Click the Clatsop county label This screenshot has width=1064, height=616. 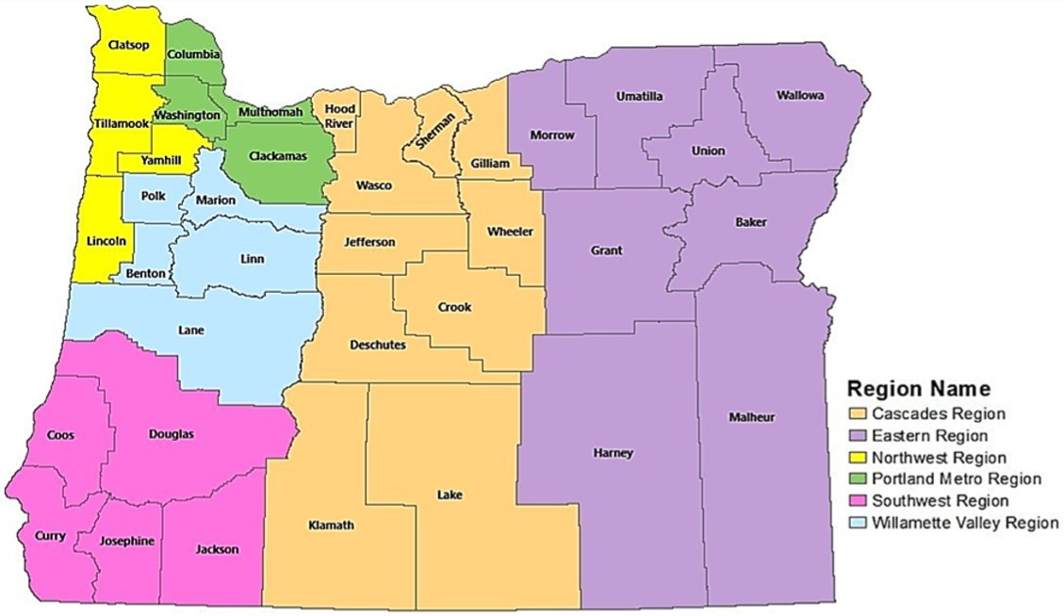click(x=128, y=44)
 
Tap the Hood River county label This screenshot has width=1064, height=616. click(x=340, y=116)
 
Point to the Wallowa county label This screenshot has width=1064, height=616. click(x=801, y=96)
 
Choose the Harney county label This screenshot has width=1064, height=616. click(x=613, y=453)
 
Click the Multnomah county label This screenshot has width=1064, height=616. click(x=270, y=112)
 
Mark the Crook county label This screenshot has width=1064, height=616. click(x=454, y=307)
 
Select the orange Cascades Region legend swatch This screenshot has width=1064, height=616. click(x=857, y=413)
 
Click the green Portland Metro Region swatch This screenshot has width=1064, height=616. click(x=857, y=479)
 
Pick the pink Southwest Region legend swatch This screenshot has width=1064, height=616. click(x=857, y=501)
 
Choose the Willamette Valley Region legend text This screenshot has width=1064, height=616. click(x=965, y=523)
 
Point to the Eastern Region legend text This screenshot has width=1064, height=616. click(x=929, y=436)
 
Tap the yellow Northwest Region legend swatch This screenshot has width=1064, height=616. click(x=857, y=458)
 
